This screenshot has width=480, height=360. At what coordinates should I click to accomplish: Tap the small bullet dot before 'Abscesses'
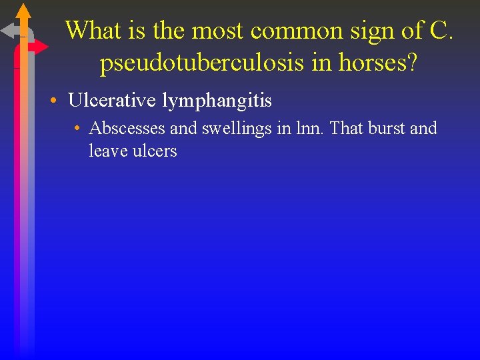click(x=78, y=128)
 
